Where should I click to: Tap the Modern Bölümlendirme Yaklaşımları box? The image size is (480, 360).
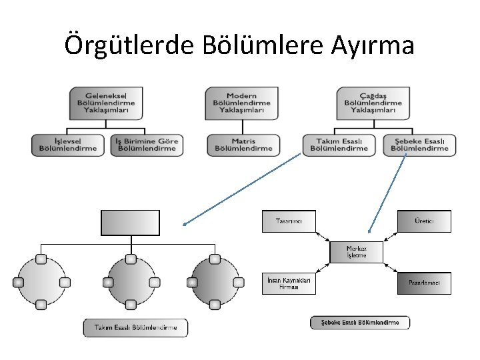241,103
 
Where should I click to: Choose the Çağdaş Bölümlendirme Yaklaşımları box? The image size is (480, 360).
373,103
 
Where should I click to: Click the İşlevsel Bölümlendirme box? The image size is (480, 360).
69,145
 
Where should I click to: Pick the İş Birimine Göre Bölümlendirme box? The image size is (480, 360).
147,145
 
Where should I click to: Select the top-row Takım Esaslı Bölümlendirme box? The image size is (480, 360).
341,145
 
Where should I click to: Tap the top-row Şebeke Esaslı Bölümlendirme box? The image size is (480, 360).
419,145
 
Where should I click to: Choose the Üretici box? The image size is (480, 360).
424,221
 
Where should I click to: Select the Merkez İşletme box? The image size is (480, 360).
357,251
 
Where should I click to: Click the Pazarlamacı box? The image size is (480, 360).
424,283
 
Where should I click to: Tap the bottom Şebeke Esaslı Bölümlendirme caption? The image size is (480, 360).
360,323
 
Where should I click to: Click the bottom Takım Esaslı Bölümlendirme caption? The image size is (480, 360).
135,328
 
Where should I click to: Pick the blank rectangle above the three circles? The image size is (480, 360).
130,223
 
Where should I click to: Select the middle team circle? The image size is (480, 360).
131,282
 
